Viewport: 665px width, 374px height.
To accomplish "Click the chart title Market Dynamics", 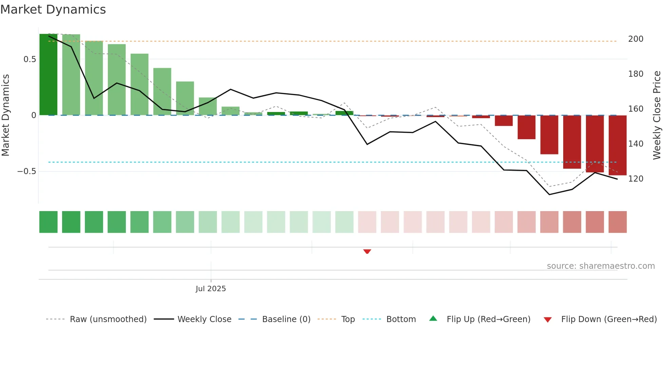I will pyautogui.click(x=53, y=10).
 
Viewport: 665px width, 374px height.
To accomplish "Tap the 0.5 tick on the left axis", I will pyautogui.click(x=30, y=59).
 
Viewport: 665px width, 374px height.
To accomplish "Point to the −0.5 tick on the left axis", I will pyautogui.click(x=27, y=171).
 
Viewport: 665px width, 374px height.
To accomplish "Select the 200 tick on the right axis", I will pyautogui.click(x=635, y=39).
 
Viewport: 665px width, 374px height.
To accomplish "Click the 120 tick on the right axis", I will pyautogui.click(x=635, y=179).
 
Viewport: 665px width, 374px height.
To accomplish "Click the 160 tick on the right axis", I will pyautogui.click(x=635, y=109).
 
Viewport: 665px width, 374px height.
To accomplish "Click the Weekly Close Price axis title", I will pyautogui.click(x=657, y=115).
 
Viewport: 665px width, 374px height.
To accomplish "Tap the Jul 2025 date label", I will pyautogui.click(x=211, y=289).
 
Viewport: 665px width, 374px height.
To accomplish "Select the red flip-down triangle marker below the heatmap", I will pyautogui.click(x=367, y=251).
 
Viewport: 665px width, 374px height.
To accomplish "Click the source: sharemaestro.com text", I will pyautogui.click(x=601, y=266).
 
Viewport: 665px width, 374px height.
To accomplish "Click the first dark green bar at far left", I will pyautogui.click(x=49, y=75).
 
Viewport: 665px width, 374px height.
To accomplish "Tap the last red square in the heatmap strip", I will pyautogui.click(x=617, y=222).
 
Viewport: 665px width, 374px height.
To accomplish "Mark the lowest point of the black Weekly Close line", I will pyautogui.click(x=549, y=194).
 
